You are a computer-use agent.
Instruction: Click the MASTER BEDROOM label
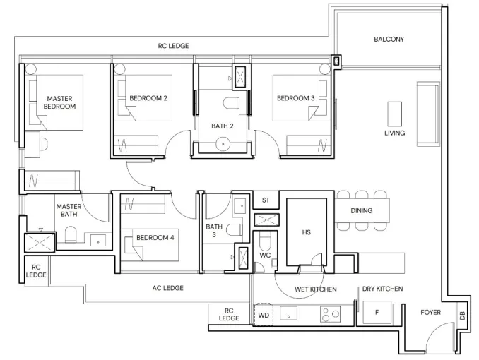[x=59, y=102]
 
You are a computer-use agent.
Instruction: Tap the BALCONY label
[x=389, y=39]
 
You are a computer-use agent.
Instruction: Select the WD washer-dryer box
[x=264, y=315]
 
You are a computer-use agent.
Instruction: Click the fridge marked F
[x=377, y=312]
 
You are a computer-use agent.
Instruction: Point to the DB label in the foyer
[x=462, y=316]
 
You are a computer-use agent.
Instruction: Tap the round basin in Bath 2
[x=223, y=144]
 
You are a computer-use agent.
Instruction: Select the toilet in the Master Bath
[x=71, y=234]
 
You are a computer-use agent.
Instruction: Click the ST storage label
[x=266, y=200]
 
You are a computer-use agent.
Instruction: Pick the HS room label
[x=307, y=232]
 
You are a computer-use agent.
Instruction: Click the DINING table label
[x=362, y=210]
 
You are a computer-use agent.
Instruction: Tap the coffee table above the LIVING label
[x=394, y=114]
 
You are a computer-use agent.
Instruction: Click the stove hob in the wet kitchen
[x=330, y=314]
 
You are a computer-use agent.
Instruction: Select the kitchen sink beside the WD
[x=288, y=313]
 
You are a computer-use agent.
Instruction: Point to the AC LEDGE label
[x=167, y=288]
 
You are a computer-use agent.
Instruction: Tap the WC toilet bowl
[x=264, y=240]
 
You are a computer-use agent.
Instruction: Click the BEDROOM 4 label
[x=155, y=238]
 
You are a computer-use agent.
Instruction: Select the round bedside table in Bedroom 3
[x=325, y=69]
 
